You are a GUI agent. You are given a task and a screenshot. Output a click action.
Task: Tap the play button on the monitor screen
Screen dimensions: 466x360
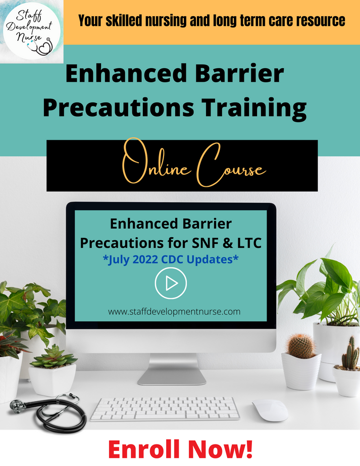click(171, 284)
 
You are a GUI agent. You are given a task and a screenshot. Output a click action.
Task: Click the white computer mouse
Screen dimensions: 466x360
click(270, 409)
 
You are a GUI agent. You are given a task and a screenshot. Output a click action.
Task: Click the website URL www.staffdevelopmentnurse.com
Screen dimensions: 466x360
click(174, 312)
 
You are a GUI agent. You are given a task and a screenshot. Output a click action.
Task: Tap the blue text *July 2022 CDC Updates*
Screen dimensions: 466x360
click(171, 261)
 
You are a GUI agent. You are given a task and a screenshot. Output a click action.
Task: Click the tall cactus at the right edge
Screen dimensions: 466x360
click(350, 356)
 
